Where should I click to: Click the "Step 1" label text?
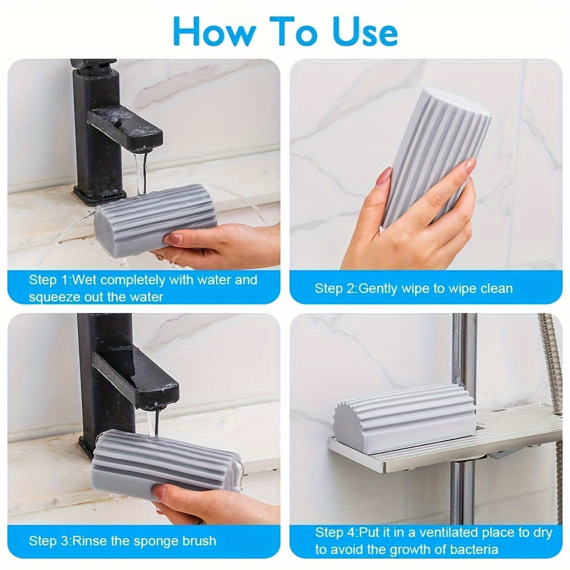click(x=51, y=280)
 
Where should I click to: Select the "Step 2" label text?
click(x=336, y=288)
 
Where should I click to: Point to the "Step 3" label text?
click(x=51, y=540)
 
